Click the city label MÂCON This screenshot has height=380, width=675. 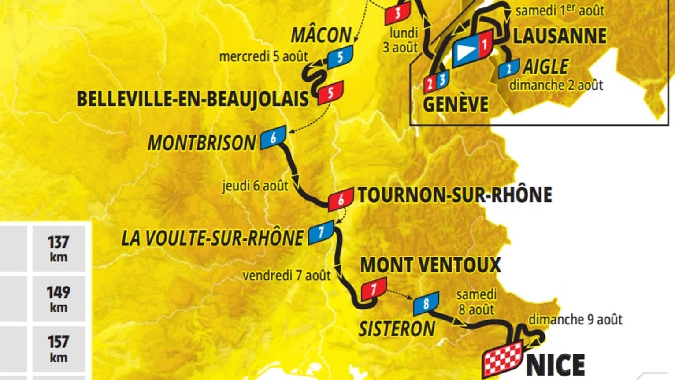pyautogui.click(x=321, y=35)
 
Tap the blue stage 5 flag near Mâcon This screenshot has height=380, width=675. pyautogui.click(x=340, y=57)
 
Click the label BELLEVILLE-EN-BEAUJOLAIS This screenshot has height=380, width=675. pyautogui.click(x=193, y=99)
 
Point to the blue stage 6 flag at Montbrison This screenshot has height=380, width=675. pyautogui.click(x=273, y=138)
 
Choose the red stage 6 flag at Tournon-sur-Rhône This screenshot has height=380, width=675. pyautogui.click(x=341, y=200)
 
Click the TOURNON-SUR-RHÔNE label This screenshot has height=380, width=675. pyautogui.click(x=455, y=195)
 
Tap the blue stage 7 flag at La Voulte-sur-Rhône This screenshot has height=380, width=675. pyautogui.click(x=321, y=232)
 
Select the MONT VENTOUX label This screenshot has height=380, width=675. pyautogui.click(x=431, y=265)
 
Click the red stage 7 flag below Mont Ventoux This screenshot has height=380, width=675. pyautogui.click(x=374, y=289)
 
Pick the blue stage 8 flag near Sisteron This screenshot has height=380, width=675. pyautogui.click(x=426, y=303)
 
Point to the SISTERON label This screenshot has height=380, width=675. pyautogui.click(x=397, y=329)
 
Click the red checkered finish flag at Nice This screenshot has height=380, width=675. pyautogui.click(x=503, y=358)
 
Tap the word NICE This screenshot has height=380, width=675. pyautogui.click(x=556, y=365)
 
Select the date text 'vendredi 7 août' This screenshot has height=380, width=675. pyautogui.click(x=286, y=276)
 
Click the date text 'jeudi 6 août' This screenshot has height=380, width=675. pyautogui.click(x=255, y=186)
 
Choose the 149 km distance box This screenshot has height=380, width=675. pyautogui.click(x=59, y=298)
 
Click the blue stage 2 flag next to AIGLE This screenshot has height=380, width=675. pyautogui.click(x=509, y=69)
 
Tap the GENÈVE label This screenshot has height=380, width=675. pyautogui.click(x=456, y=104)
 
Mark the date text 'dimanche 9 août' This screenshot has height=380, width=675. pyautogui.click(x=575, y=319)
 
